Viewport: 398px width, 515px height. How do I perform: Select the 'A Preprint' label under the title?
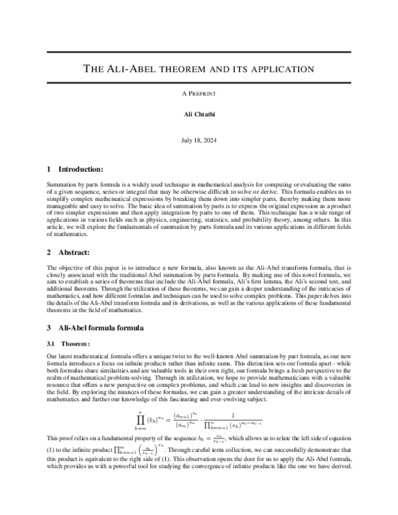coord(199,94)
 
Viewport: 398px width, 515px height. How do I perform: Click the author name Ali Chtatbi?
coord(199,115)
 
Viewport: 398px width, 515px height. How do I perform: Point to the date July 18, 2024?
coord(199,141)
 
